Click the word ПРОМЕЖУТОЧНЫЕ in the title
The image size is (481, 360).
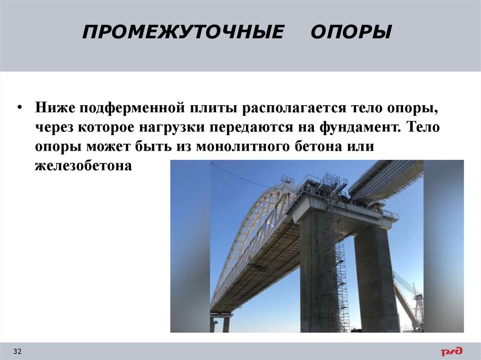click(x=183, y=32)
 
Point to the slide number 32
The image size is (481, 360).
click(x=18, y=352)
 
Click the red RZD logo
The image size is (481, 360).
click(x=451, y=351)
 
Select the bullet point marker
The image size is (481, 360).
click(x=19, y=108)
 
